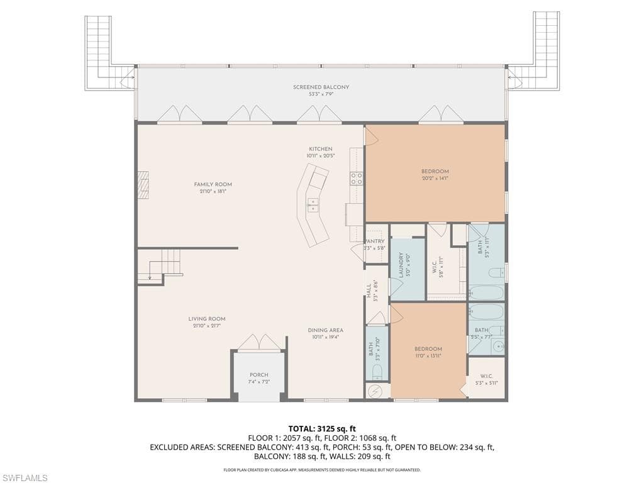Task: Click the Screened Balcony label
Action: tap(321, 87)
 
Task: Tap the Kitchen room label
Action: tap(320, 150)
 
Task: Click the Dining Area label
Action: tap(325, 330)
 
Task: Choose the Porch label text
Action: tap(258, 375)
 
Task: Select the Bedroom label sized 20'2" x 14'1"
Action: tap(435, 172)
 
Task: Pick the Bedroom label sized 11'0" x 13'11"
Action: tap(428, 349)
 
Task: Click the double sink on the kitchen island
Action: tap(313, 203)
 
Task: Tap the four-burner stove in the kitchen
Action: tap(357, 178)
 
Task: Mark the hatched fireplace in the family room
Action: tap(143, 185)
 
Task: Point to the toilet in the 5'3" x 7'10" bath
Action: tap(377, 370)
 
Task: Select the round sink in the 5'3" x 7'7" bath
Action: tap(497, 345)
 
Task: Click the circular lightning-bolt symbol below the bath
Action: tap(375, 391)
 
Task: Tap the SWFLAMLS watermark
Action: tap(25, 478)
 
